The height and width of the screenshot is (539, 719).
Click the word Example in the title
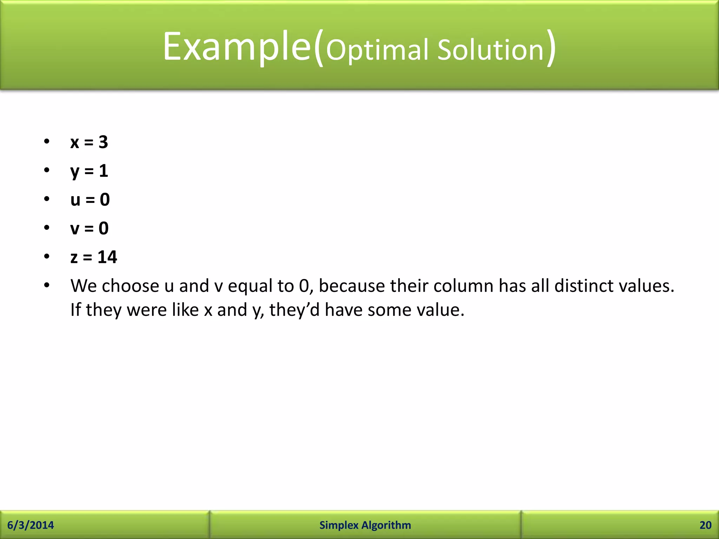click(x=237, y=47)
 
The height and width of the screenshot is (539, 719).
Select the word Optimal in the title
click(x=377, y=50)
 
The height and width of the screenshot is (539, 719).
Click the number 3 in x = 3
click(x=103, y=142)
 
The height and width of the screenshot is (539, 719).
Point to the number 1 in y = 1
click(x=103, y=171)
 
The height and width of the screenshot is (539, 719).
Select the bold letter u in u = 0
click(x=75, y=200)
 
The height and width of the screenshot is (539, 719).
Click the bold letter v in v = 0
click(x=75, y=228)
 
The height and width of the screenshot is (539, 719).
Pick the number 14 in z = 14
click(x=107, y=257)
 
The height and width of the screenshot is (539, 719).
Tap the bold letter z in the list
click(x=74, y=258)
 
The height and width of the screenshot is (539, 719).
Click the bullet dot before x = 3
click(x=47, y=142)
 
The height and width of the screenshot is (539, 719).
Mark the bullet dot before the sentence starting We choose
click(x=47, y=285)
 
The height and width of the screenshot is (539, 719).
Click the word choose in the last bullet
click(x=130, y=286)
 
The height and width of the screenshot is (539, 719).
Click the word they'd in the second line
click(x=294, y=310)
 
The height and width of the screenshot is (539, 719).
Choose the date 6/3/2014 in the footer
click(x=31, y=525)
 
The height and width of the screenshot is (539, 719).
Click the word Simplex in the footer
click(x=339, y=525)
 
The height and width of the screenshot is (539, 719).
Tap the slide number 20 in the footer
click(x=705, y=525)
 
